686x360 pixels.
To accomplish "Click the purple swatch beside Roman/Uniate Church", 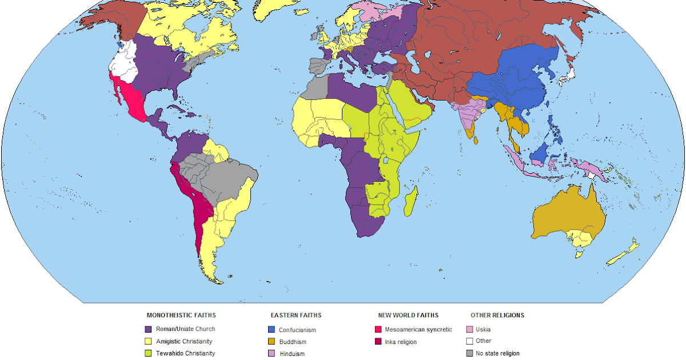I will pos(149,329).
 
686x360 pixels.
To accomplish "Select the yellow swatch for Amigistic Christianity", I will pos(149,341).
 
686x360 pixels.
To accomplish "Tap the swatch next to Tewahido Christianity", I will pos(149,353).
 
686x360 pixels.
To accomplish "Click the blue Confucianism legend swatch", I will pos(272,330).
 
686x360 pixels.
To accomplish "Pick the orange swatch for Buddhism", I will pos(272,342).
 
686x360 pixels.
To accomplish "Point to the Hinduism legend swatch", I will pos(272,354).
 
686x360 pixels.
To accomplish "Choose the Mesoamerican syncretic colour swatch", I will pos(378,329).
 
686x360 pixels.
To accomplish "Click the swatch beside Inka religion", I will pos(378,342).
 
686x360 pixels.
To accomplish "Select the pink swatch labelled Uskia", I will pos(469,329).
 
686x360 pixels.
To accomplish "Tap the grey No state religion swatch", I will pos(469,353).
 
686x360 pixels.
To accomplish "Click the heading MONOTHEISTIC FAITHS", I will pos(181,315).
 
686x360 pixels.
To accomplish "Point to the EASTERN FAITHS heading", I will pos(296,315).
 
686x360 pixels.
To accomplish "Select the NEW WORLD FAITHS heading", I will pos(408,315).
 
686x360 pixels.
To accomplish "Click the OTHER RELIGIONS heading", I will pos(497,315).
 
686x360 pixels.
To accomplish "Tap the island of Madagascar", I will pos(410,204).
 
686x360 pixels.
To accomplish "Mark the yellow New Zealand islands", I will pos(626,251).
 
